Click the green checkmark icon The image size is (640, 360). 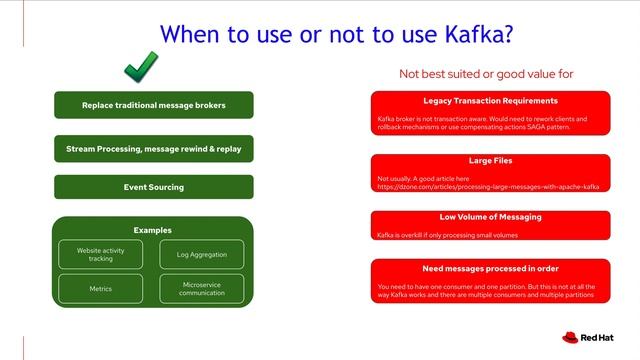(x=140, y=70)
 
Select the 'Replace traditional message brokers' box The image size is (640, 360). (x=153, y=105)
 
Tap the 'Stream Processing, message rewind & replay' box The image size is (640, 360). (x=153, y=149)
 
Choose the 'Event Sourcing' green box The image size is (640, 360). (x=153, y=187)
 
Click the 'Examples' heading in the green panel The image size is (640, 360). (x=153, y=230)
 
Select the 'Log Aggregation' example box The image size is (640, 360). (x=201, y=254)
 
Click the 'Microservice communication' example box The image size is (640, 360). (x=201, y=289)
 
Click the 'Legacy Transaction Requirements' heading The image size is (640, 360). (x=490, y=101)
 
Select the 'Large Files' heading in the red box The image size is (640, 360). (x=490, y=160)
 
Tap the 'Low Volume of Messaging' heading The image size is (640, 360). (x=490, y=216)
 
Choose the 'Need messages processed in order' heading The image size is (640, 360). (x=490, y=268)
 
